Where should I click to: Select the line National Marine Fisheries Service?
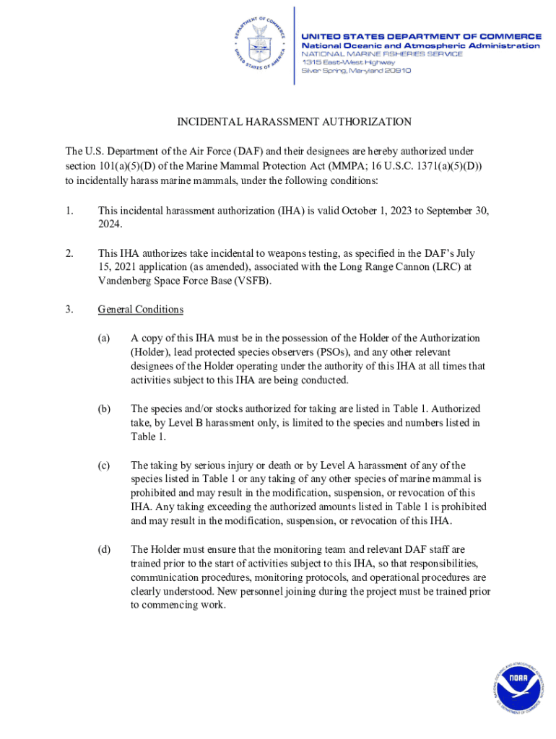(x=381, y=54)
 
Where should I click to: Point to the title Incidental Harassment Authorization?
(x=295, y=122)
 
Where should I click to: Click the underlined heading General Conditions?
(x=141, y=310)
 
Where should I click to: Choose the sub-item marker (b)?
(x=105, y=408)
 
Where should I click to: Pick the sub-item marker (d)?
(x=105, y=550)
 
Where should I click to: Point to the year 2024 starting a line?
(x=110, y=224)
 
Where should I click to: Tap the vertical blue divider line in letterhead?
(x=294, y=45)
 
